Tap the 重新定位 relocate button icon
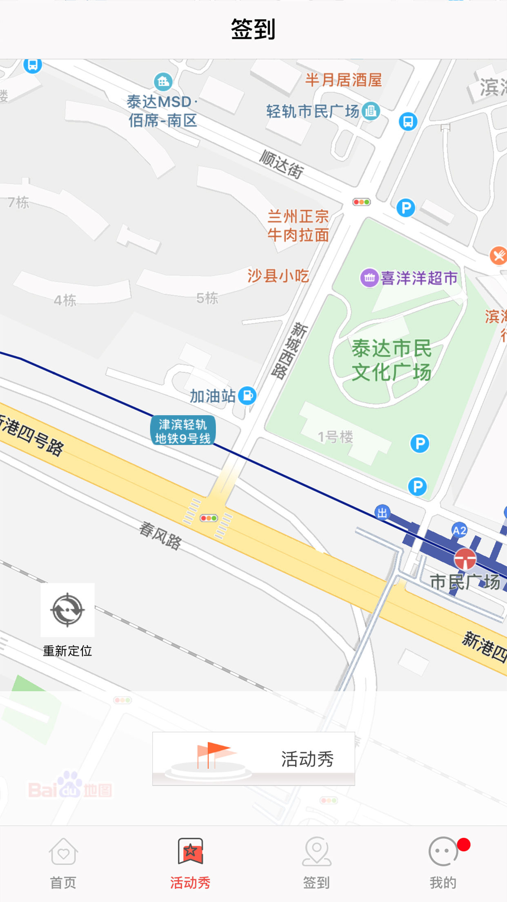pos(67,610)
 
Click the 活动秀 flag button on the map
pos(253,759)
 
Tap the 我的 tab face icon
pos(443,852)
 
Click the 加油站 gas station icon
pos(247,395)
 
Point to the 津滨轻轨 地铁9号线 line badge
pos(182,431)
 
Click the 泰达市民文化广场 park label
pos(391,360)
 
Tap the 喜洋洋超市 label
pos(418,278)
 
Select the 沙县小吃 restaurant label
pos(278,276)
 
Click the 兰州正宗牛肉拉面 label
pos(298,225)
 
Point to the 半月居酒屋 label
pos(343,80)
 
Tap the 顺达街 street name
pos(282,165)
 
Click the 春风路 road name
pos(160,535)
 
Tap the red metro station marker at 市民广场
pos(465,558)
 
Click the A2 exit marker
pos(459,530)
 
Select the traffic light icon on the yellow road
pos(209,518)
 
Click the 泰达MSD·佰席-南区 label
pos(162,111)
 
